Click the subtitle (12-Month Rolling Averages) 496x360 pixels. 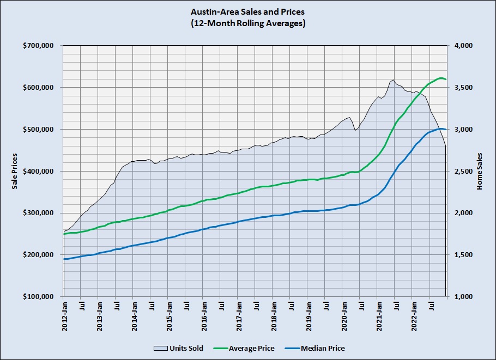pyautogui.click(x=247, y=23)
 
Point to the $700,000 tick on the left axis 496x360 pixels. pyautogui.click(x=38, y=46)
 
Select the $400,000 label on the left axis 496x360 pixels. pyautogui.click(x=38, y=172)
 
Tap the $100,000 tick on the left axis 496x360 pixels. pyautogui.click(x=38, y=297)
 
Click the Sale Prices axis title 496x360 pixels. pyautogui.click(x=15, y=172)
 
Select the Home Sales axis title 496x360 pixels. pyautogui.click(x=480, y=172)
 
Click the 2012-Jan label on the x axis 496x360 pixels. pyautogui.click(x=64, y=315)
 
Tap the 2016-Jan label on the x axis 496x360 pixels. pyautogui.click(x=204, y=315)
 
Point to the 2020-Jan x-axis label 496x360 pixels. pyautogui.click(x=343, y=315)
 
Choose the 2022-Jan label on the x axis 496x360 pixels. pyautogui.click(x=413, y=315)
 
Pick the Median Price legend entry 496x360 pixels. pyautogui.click(x=322, y=348)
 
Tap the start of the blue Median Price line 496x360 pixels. pyautogui.click(x=64, y=259)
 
